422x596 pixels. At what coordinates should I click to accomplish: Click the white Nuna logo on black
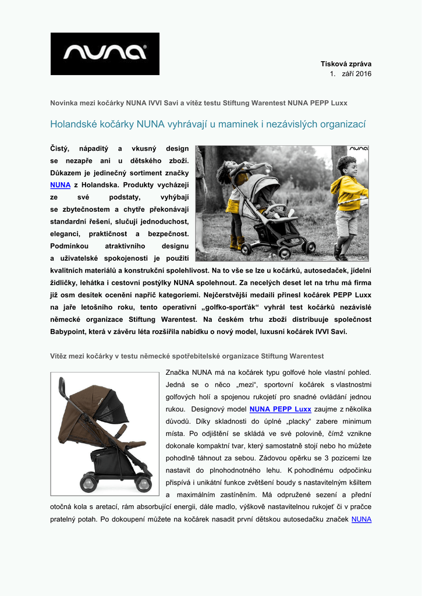tap(105, 54)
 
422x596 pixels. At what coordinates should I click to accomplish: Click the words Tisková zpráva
tap(346, 63)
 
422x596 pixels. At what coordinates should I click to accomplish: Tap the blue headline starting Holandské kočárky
tap(208, 124)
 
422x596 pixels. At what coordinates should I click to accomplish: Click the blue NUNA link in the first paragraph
tap(60, 185)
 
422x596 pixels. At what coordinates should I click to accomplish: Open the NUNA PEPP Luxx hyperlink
tap(280, 409)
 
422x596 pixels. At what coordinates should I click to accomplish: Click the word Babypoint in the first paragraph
tap(70, 332)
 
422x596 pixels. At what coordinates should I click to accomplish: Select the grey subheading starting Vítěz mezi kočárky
tap(187, 356)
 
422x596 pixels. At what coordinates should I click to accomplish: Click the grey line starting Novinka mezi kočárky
tap(198, 103)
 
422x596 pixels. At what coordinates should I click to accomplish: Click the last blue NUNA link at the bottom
tap(361, 519)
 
